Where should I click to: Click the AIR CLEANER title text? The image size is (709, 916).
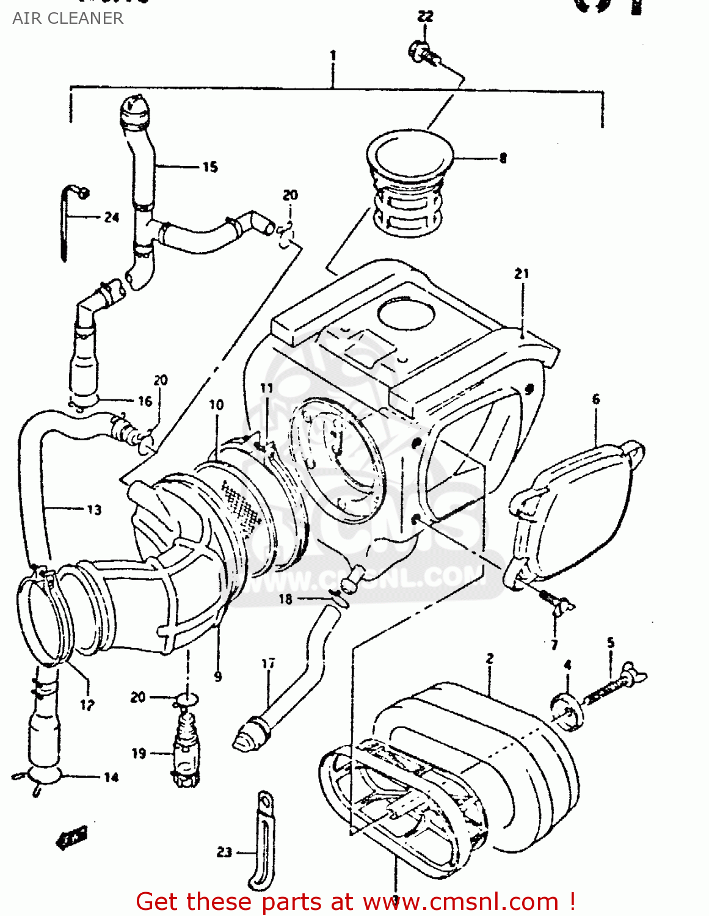[68, 18]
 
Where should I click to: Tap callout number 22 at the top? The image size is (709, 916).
[425, 16]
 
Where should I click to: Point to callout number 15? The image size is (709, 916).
[210, 167]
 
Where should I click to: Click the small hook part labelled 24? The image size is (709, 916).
[67, 220]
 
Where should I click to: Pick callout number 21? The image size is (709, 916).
[521, 274]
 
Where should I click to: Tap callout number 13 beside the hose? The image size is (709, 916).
[94, 510]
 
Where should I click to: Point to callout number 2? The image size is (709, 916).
[490, 658]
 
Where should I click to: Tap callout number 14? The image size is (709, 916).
[111, 777]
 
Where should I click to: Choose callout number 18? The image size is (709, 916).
[285, 599]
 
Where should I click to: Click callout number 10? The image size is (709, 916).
[216, 404]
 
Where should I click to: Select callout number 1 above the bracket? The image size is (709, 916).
[333, 56]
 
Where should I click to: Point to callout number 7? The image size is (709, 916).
[554, 644]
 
